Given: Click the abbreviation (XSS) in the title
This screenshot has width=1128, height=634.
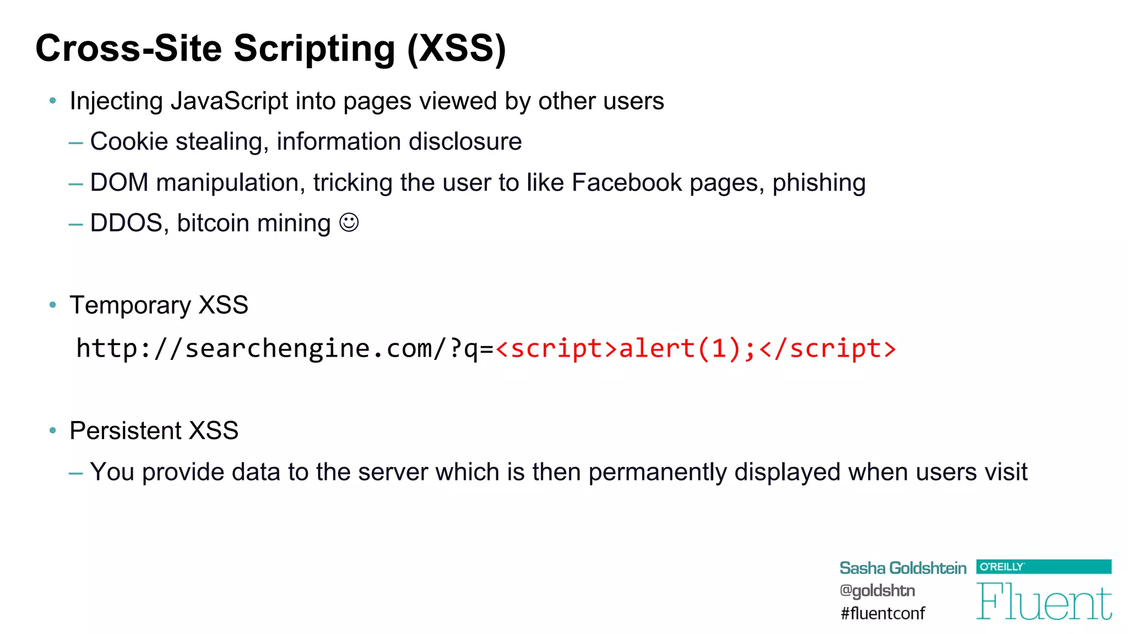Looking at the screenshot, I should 456,48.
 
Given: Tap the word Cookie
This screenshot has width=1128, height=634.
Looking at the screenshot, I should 129,142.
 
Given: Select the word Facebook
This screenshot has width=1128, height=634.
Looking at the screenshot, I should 627,183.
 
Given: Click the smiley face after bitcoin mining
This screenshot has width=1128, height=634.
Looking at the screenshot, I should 349,223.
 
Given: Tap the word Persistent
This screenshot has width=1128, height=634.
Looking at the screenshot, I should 125,431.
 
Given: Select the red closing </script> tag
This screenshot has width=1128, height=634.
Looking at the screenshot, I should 827,349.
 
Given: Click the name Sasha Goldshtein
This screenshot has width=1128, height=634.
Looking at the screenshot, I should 903,568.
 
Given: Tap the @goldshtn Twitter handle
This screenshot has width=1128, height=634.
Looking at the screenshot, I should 877,591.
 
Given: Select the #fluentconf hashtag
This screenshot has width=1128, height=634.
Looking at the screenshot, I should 883,613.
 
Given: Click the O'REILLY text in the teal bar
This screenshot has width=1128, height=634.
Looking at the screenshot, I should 1001,566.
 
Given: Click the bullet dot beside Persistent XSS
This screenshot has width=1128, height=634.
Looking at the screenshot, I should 53,430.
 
